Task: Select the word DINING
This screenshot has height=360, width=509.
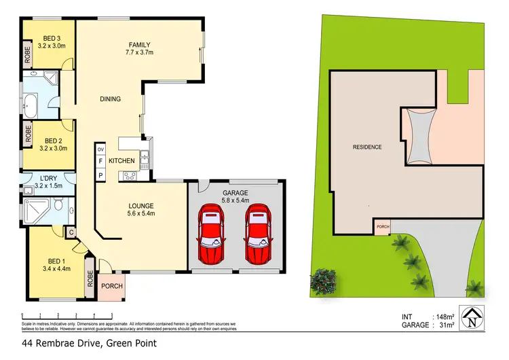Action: click(x=111, y=99)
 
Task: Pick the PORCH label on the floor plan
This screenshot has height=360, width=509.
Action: click(x=112, y=286)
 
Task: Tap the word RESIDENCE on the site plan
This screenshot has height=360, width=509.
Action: click(x=367, y=147)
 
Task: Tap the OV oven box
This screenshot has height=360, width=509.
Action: click(x=100, y=149)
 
